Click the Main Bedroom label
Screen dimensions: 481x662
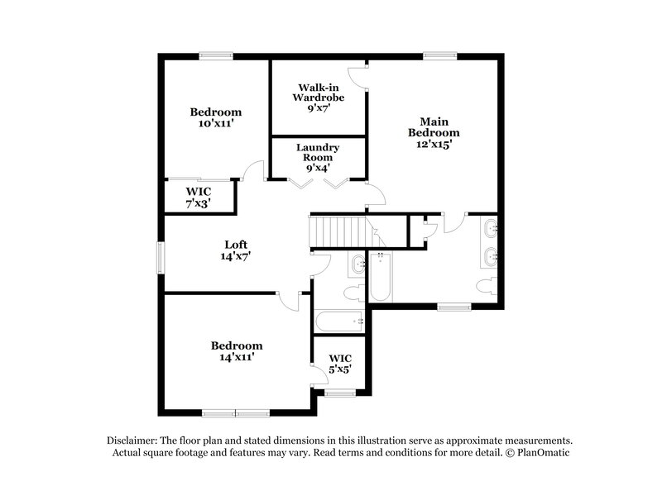[434, 126]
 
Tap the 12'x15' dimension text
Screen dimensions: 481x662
[434, 143]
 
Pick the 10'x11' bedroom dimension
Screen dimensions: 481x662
[215, 124]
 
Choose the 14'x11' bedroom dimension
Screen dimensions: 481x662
[236, 358]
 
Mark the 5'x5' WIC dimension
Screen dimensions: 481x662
[340, 370]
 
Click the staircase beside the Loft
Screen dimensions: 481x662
[338, 230]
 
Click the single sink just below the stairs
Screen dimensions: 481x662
[358, 264]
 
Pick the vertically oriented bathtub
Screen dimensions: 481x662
[381, 278]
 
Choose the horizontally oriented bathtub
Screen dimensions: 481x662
[337, 321]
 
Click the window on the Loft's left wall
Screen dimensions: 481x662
[163, 256]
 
